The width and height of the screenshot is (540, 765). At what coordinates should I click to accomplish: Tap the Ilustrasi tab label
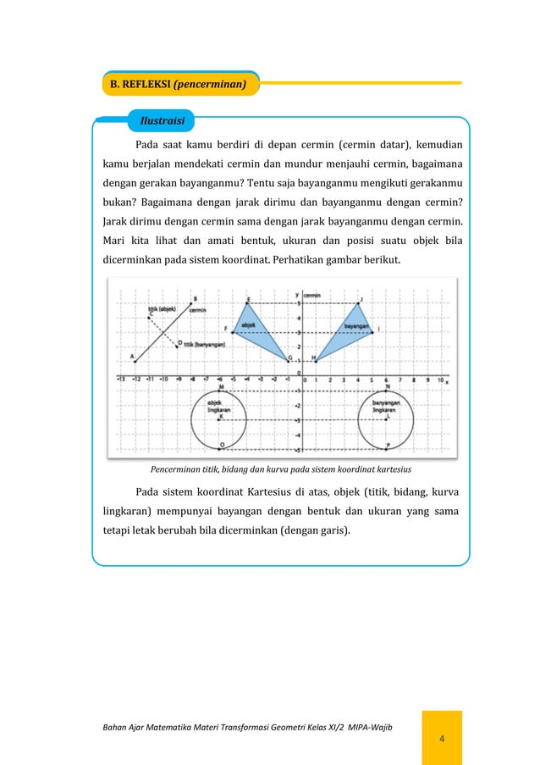pos(162,121)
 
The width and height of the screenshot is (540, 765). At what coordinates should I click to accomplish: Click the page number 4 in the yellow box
pos(441,740)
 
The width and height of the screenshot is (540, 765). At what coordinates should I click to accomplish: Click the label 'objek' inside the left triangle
pos(249,324)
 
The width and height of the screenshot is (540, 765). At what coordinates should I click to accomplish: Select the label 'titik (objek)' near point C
pos(162,309)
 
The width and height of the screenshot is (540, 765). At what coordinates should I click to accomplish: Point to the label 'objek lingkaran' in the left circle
pos(220,407)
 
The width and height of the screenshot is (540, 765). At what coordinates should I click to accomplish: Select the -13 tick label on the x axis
pos(122,380)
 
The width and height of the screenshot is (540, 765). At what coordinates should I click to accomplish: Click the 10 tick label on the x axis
pos(441,380)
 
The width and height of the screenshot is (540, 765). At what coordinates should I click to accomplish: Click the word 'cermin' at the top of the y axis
pos(312,294)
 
